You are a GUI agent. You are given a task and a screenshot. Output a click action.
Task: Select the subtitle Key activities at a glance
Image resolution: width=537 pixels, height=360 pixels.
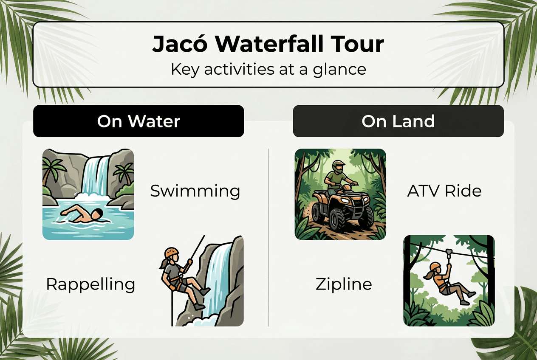(268, 69)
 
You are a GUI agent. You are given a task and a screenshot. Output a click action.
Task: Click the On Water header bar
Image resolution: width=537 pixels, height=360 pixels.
(138, 121)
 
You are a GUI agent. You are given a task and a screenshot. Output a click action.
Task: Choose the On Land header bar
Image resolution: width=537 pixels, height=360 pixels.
(398, 121)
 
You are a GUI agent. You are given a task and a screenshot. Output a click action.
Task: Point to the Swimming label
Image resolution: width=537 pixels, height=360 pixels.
(195, 191)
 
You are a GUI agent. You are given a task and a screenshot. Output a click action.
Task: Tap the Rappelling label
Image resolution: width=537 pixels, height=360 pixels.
(90, 284)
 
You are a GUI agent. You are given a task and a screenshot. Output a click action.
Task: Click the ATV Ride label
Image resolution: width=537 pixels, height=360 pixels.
(444, 191)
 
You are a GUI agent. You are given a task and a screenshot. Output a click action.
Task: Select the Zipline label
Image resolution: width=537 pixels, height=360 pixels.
(344, 284)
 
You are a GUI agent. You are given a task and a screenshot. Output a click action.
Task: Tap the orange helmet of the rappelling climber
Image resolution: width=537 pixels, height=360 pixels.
(171, 252)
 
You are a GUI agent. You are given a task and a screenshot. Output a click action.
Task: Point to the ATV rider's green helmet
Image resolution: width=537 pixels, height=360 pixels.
(339, 166)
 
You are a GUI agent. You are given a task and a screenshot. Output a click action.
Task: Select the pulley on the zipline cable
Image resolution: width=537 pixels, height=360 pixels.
(449, 253)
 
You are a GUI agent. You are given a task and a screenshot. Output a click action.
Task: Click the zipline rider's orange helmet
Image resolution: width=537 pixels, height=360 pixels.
(435, 267)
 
